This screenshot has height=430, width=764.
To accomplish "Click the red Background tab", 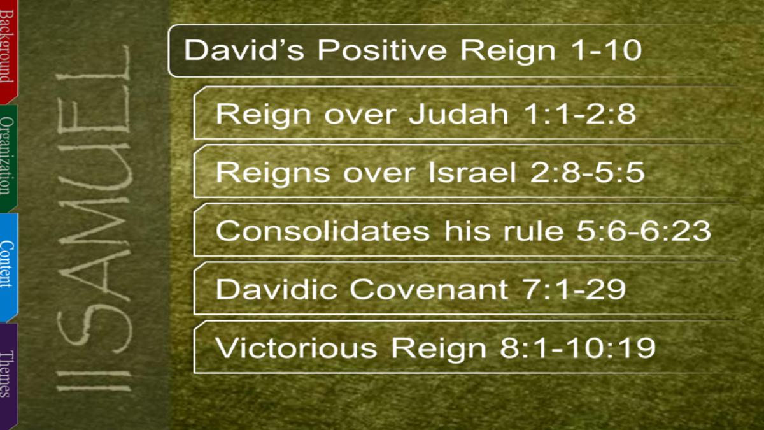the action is click(x=8, y=51).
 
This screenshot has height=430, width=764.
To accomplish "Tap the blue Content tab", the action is click(x=8, y=266).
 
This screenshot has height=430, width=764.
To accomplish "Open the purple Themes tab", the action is click(x=8, y=375).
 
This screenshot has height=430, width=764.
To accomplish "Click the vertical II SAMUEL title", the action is click(x=94, y=219).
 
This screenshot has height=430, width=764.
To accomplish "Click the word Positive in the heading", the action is click(x=382, y=50).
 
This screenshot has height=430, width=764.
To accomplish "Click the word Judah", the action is click(x=458, y=113).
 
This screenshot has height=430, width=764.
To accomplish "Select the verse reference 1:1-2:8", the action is click(x=580, y=113).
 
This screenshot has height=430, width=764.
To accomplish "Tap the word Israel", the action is click(x=472, y=173).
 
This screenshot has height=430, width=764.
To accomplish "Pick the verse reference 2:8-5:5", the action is click(x=587, y=173).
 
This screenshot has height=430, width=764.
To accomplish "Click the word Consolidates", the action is click(x=322, y=231).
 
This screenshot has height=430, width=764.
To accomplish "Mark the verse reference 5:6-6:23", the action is click(x=644, y=231).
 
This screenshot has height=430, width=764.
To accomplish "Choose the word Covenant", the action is click(x=428, y=289).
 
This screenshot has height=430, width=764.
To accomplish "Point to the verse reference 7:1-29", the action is click(x=574, y=289).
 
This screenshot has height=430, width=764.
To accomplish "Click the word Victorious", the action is click(x=296, y=348).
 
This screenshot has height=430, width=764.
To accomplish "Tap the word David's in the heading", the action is click(x=244, y=50).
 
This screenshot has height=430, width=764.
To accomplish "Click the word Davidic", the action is click(x=276, y=289).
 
